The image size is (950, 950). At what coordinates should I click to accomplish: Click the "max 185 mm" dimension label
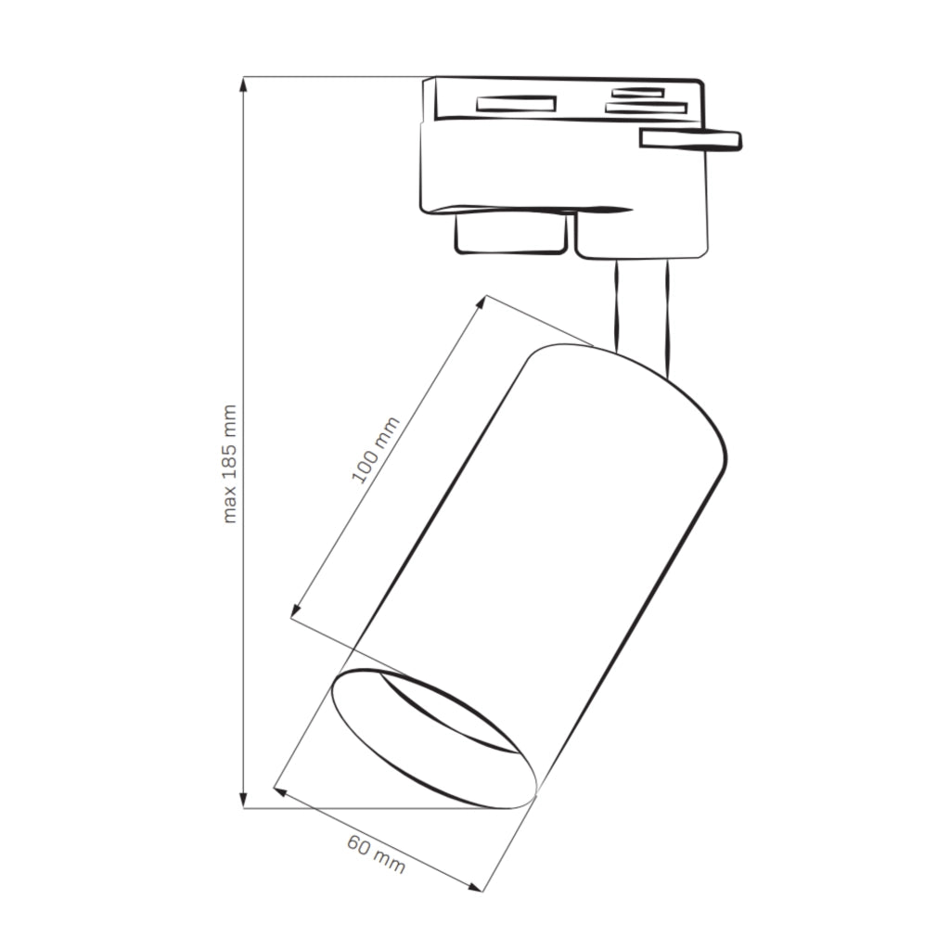click(230, 464)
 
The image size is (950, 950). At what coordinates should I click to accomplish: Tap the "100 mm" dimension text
click(376, 450)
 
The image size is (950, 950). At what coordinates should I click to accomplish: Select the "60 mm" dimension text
click(376, 854)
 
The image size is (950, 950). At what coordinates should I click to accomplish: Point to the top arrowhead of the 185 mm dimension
click(244, 83)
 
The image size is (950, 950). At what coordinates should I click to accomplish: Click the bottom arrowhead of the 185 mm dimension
click(244, 801)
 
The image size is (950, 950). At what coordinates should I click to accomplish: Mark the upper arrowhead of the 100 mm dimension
click(482, 302)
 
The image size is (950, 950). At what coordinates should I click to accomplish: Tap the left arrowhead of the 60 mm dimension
click(279, 790)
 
